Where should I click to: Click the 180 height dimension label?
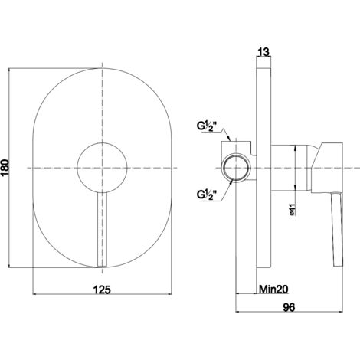pos(5,168)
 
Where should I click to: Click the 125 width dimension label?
pos(102,290)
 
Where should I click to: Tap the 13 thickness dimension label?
pos(263,52)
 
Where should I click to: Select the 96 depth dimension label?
pos(289,307)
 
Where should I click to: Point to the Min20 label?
pos(273,290)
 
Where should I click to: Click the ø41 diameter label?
pos(293,209)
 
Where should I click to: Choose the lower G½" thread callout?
pos(207,195)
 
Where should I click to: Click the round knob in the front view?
pos(102,168)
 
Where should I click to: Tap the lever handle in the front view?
pos(102,230)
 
